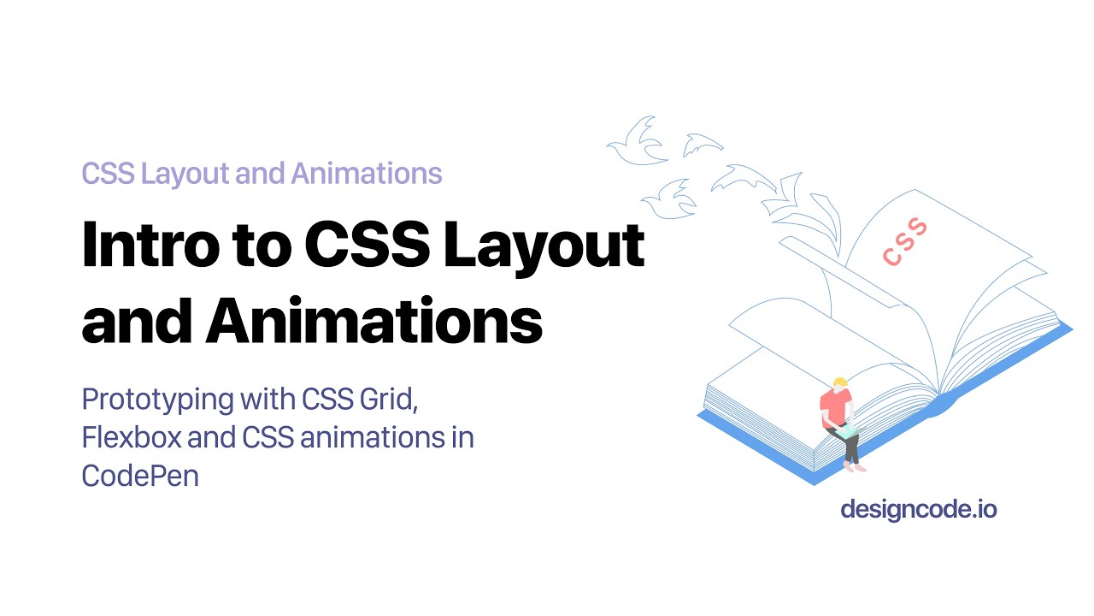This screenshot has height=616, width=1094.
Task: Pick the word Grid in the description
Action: pyautogui.click(x=390, y=400)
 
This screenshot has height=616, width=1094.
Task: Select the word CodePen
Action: pyautogui.click(x=140, y=475)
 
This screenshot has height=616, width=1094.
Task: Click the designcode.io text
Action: pyautogui.click(x=918, y=510)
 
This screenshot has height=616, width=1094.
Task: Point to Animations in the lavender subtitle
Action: pyautogui.click(x=367, y=174)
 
